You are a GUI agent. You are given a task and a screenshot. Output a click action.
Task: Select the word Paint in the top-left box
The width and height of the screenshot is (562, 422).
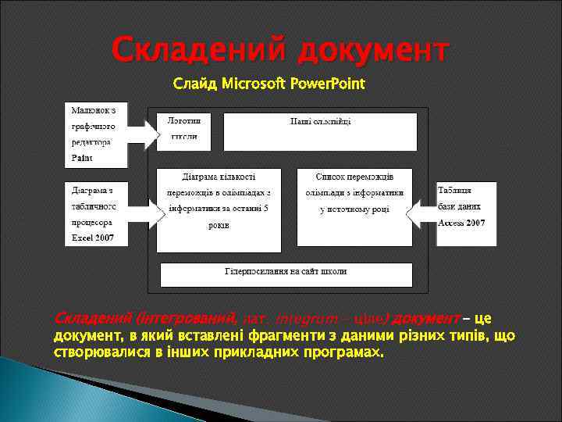82,157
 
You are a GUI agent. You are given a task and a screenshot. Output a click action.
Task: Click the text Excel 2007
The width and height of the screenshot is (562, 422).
92,236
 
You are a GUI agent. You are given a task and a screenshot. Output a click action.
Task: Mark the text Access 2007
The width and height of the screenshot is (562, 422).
461,223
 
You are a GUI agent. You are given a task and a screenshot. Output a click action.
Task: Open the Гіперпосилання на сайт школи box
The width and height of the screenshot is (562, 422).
286,274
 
